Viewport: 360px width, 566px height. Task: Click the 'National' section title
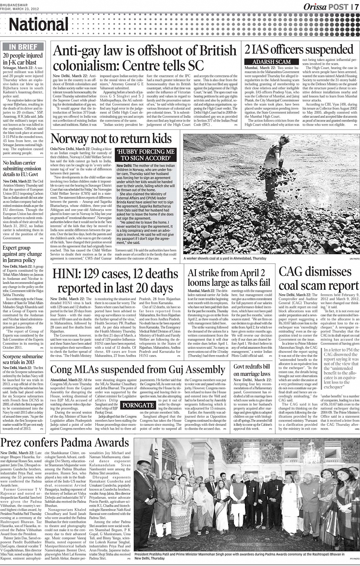(x=38, y=24)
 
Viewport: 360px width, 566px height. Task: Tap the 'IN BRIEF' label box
(x=23, y=46)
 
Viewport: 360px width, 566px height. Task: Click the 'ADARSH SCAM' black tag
(x=272, y=62)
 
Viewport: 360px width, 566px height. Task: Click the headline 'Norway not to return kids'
(x=111, y=138)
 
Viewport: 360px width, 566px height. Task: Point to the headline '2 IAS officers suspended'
(x=299, y=50)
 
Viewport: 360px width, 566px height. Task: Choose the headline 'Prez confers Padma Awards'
(x=65, y=443)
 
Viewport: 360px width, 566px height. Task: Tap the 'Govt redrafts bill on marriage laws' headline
(x=252, y=370)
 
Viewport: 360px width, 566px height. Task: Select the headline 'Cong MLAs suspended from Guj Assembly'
(x=138, y=369)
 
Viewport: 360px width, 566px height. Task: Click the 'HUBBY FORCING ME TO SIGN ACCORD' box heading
(x=145, y=155)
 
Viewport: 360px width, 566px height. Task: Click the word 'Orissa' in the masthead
(x=315, y=7)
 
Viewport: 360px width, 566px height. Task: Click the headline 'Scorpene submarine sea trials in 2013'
(x=23, y=359)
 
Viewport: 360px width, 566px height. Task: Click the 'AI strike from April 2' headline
(x=226, y=273)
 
